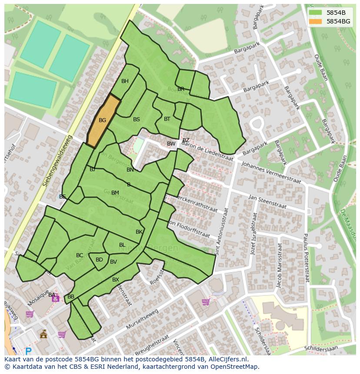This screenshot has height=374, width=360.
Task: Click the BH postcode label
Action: point(125,81)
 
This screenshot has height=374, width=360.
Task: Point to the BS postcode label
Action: point(137,119)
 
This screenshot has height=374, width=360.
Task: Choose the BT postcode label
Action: point(167,119)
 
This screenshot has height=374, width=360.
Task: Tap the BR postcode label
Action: point(181,89)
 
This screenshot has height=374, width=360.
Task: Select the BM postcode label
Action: point(115,193)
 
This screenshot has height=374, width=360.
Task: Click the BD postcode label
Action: point(99,260)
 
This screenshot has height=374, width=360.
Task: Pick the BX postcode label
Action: point(116,280)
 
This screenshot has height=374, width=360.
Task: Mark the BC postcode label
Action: point(80,255)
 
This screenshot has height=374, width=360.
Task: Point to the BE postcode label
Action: point(63,197)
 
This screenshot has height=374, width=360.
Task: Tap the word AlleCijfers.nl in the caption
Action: point(228,359)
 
